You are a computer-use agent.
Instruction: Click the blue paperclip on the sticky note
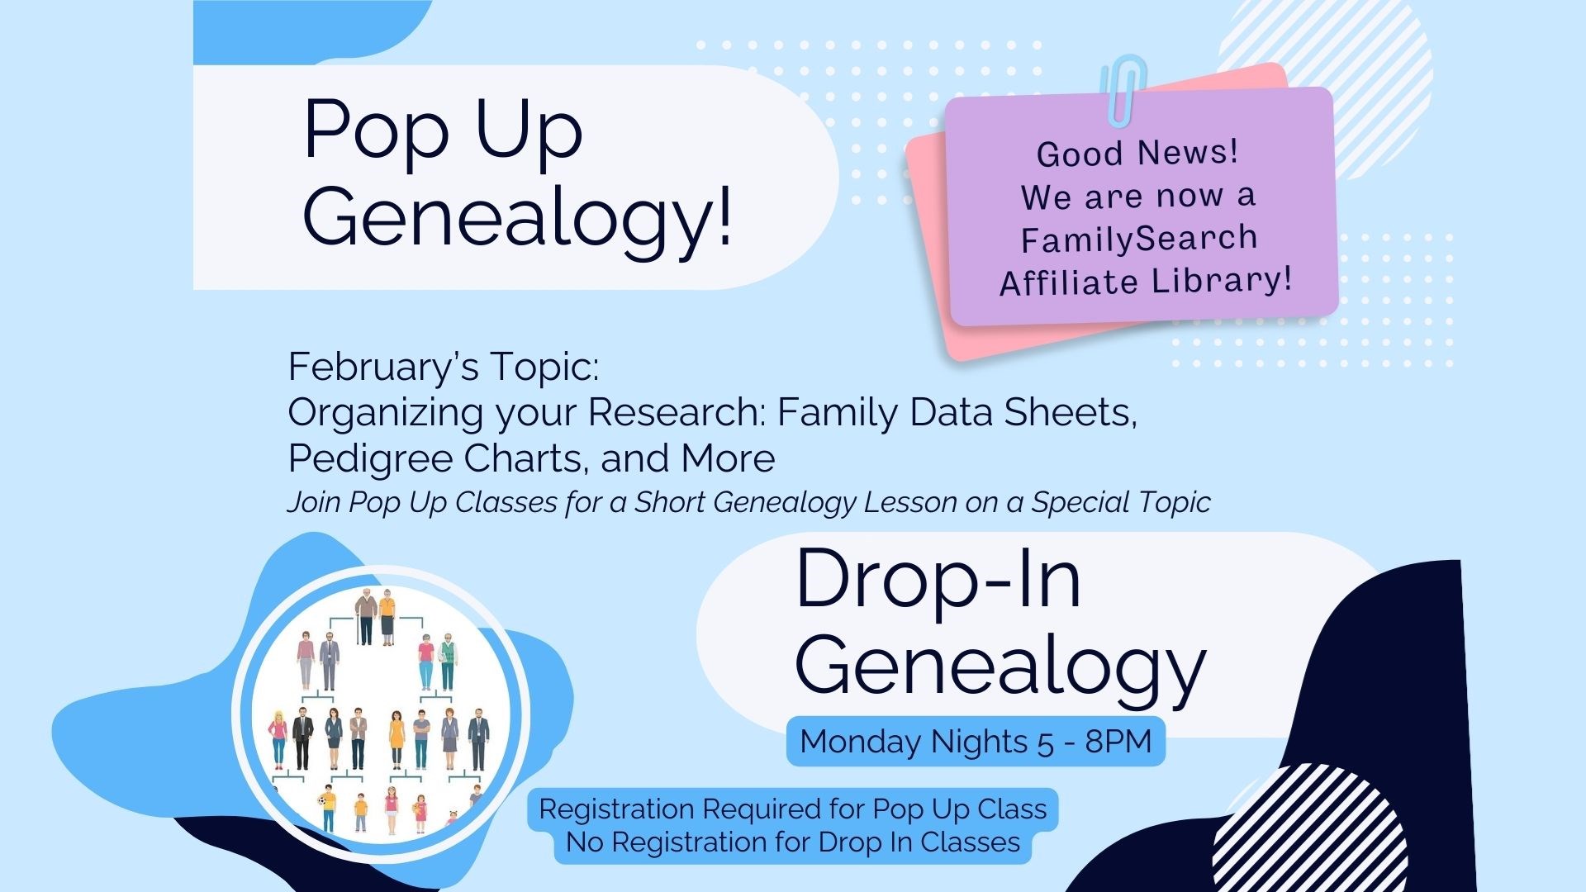(x=1123, y=89)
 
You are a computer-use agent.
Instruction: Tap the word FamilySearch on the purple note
(x=1139, y=239)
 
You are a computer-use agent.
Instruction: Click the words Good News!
(x=1137, y=153)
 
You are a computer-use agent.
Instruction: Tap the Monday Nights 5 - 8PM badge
(x=976, y=742)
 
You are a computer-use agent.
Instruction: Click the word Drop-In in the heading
(x=938, y=580)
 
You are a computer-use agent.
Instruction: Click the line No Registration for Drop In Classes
(x=793, y=842)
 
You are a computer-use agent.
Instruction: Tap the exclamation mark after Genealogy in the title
(x=725, y=216)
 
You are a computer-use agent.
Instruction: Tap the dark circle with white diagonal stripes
(x=1309, y=828)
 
